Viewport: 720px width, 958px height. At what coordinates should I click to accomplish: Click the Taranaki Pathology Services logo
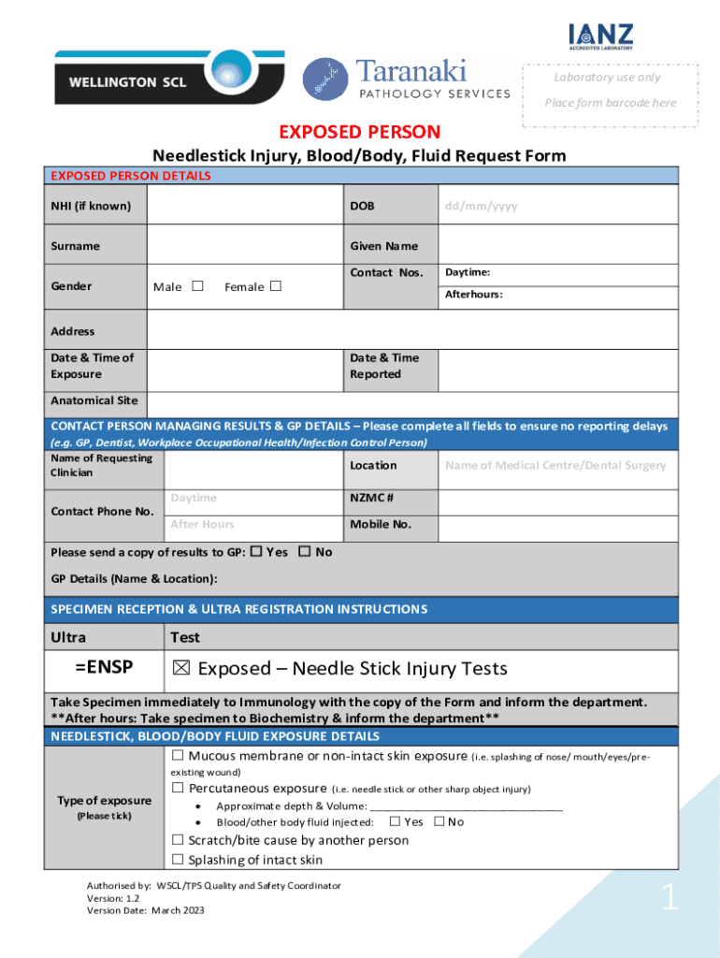[407, 79]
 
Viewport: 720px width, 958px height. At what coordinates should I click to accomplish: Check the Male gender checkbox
[197, 286]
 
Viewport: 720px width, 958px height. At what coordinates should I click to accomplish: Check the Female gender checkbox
[276, 286]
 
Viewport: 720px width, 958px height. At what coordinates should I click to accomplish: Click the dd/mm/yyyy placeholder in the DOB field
[481, 206]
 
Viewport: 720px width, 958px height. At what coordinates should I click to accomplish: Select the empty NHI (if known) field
[245, 205]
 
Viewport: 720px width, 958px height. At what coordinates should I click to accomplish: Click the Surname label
[75, 246]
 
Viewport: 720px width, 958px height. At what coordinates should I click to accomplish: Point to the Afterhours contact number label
[473, 294]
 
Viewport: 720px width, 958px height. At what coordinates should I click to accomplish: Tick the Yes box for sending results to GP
[255, 552]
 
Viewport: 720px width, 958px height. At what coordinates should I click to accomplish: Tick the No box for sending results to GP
[304, 552]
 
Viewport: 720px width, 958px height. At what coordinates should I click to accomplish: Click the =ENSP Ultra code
[104, 667]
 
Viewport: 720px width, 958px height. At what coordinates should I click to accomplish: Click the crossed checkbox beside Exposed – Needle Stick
[181, 669]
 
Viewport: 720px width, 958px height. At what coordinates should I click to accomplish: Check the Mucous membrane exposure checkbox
[178, 755]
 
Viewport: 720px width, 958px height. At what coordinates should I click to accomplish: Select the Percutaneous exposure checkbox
[178, 788]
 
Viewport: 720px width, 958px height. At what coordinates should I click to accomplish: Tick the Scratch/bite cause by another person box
[178, 840]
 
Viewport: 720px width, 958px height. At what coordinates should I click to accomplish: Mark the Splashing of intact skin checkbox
[178, 859]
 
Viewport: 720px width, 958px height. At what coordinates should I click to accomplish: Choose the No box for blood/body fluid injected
[439, 821]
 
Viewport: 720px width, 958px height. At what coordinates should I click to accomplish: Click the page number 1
[669, 899]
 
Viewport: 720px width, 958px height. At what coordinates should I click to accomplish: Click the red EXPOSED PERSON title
[360, 132]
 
